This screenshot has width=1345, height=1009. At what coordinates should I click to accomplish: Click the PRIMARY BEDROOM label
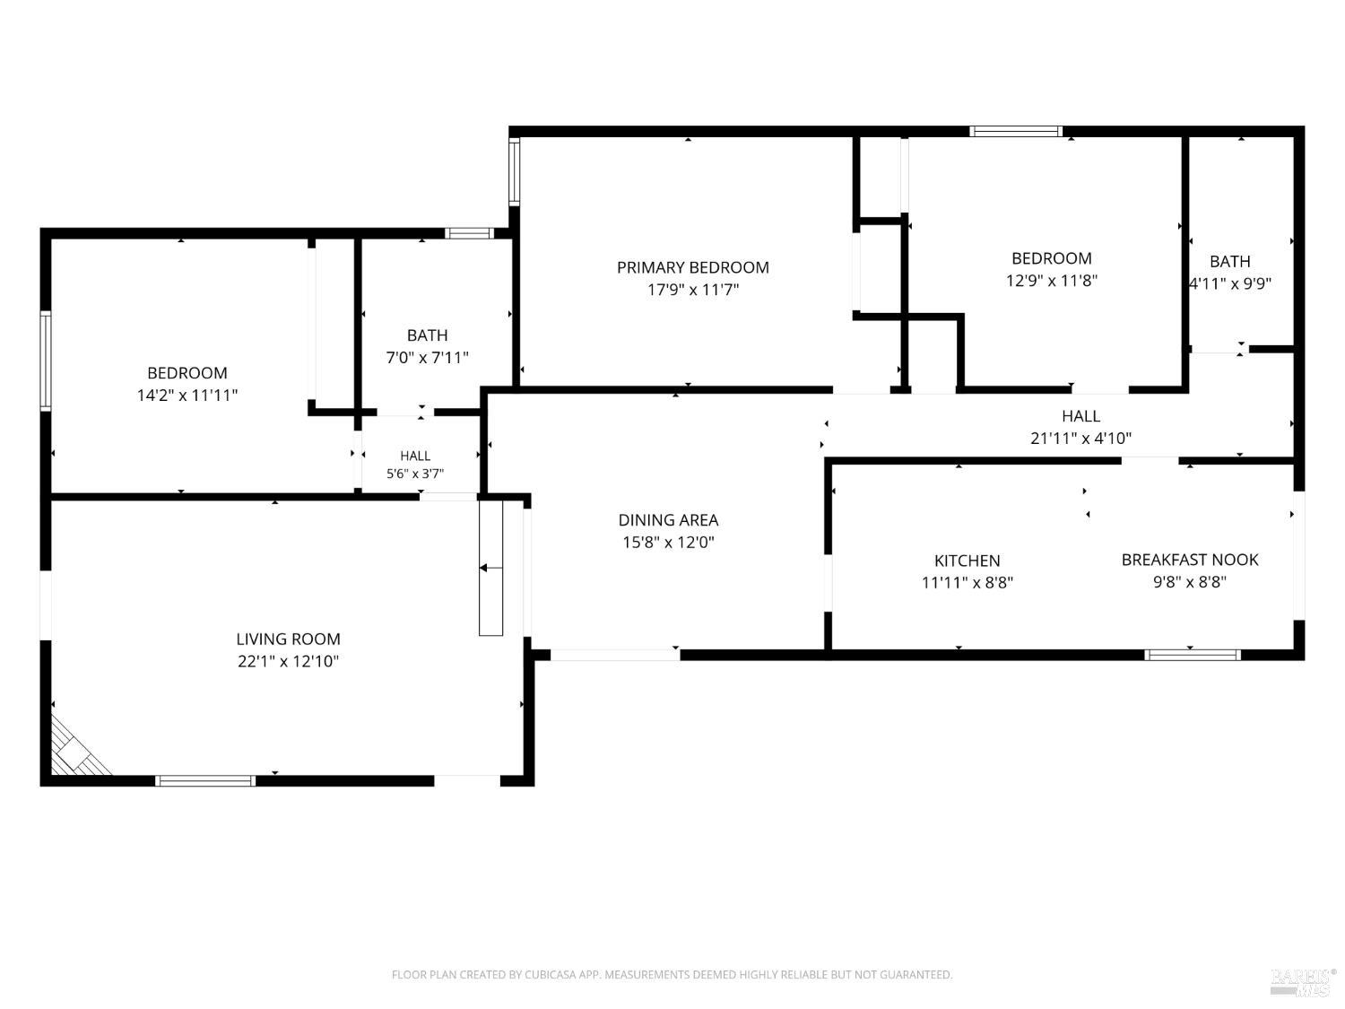(692, 267)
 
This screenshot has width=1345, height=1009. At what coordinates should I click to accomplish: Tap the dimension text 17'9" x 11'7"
(692, 290)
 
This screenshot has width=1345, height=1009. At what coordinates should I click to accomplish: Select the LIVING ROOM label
(288, 639)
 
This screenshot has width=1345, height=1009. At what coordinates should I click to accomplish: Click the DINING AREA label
(668, 520)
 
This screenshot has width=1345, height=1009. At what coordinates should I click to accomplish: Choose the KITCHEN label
(967, 561)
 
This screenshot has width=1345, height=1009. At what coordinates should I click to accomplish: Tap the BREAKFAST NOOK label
(1189, 560)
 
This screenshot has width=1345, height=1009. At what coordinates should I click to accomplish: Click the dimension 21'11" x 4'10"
(1080, 438)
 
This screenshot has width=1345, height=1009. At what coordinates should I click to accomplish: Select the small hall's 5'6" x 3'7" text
(415, 474)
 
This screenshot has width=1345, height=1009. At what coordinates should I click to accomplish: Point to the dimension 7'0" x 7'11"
(427, 357)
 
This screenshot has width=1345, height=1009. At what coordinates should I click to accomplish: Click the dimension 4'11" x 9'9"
(1230, 283)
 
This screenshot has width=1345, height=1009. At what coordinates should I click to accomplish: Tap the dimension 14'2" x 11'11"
(187, 396)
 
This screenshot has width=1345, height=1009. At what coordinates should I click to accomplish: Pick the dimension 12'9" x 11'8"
(1052, 281)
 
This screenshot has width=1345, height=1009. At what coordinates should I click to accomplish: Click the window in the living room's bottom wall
(205, 781)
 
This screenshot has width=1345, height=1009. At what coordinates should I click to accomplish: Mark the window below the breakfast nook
(1193, 655)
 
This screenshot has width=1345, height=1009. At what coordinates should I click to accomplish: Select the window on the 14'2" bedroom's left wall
(46, 361)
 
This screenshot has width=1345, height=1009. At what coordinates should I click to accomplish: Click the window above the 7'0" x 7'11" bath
(469, 233)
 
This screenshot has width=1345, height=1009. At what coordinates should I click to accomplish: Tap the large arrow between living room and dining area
(490, 568)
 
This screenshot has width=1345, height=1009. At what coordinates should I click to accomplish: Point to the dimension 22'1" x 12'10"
(288, 661)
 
